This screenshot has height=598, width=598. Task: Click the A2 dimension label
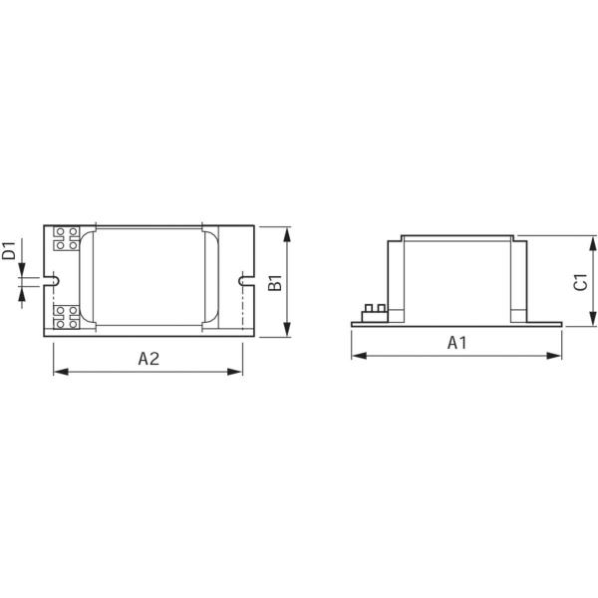(149, 359)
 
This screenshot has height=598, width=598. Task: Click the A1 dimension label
(456, 343)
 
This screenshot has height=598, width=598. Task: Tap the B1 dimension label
(275, 282)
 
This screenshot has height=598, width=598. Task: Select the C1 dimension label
(581, 282)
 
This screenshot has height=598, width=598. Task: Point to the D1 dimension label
(8, 250)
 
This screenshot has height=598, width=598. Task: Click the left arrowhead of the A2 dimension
(61, 372)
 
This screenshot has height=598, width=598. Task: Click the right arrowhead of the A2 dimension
(234, 372)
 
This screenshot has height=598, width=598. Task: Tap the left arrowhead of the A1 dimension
(359, 356)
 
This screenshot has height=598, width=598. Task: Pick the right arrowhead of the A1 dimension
(554, 356)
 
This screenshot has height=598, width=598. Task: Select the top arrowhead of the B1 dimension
(287, 234)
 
